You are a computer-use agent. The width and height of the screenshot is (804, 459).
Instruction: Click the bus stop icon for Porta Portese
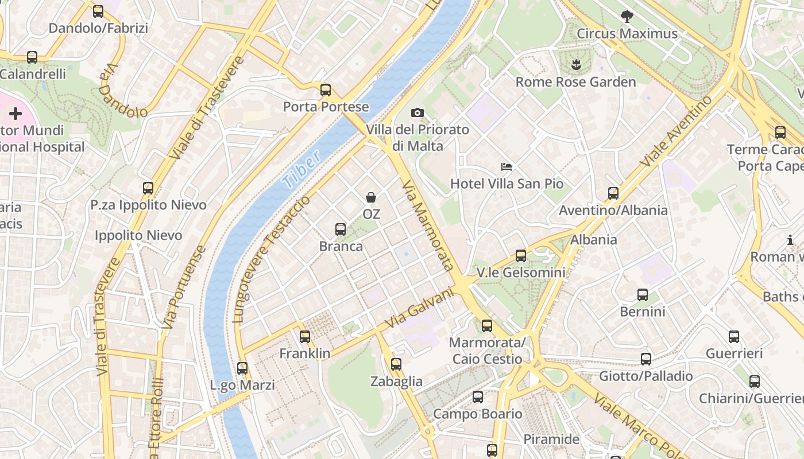click(x=326, y=90)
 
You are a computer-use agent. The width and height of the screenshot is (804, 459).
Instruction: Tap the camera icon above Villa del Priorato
click(x=418, y=113)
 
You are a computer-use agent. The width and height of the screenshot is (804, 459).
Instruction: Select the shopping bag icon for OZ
click(x=371, y=197)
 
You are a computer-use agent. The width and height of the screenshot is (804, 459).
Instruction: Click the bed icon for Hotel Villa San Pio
click(x=507, y=167)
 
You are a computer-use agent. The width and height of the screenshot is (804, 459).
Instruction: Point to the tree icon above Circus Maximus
click(x=627, y=17)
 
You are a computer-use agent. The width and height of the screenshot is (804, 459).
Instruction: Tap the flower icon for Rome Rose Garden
click(x=575, y=65)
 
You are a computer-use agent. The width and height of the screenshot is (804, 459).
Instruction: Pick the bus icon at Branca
click(x=341, y=229)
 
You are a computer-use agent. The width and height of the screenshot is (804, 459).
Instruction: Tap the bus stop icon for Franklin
click(x=305, y=337)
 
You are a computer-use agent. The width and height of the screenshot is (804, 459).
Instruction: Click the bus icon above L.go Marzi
click(x=242, y=368)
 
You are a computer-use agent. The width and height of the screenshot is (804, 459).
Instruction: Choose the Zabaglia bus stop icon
click(x=396, y=364)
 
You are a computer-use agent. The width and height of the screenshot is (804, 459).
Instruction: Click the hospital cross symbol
click(x=16, y=114)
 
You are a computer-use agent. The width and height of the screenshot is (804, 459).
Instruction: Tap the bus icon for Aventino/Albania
click(x=613, y=193)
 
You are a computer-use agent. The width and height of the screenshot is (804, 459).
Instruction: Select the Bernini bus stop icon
click(x=643, y=295)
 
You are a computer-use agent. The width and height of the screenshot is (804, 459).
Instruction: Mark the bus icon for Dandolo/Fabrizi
click(x=98, y=11)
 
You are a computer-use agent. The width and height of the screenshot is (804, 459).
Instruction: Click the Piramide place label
click(x=551, y=439)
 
